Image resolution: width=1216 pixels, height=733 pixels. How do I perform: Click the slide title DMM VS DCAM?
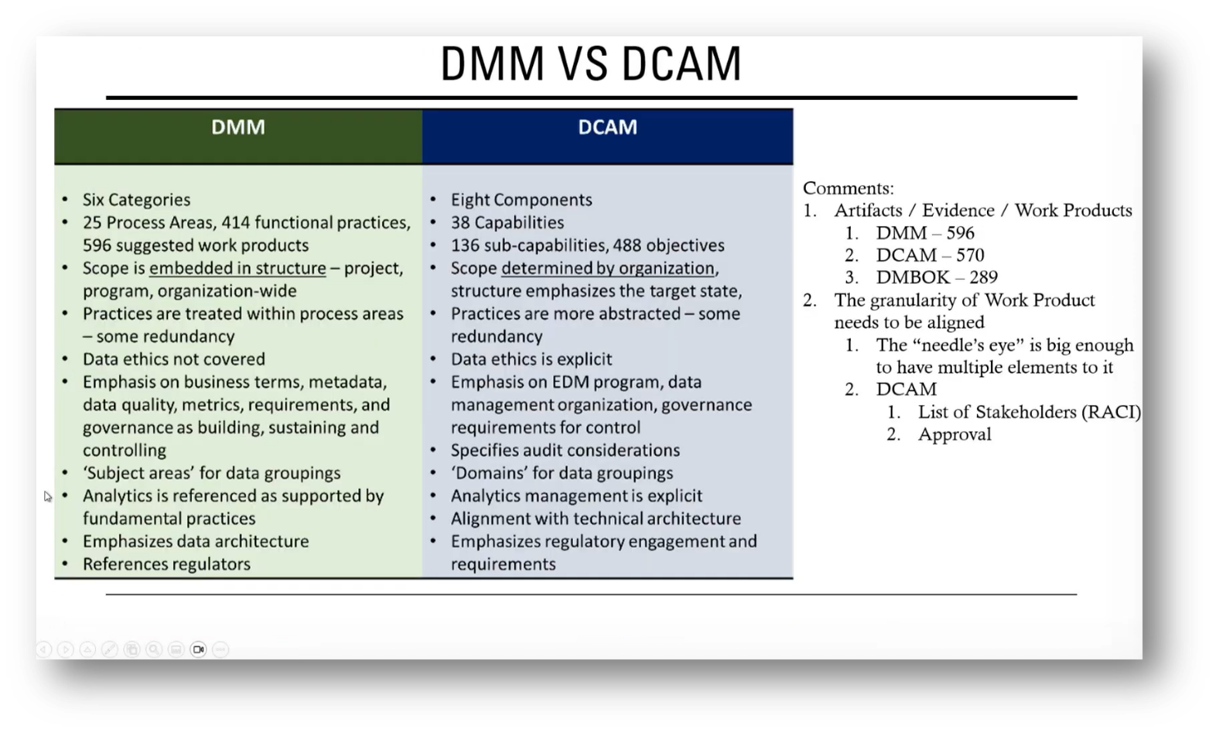click(591, 63)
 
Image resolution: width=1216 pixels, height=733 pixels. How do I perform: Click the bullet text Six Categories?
click(136, 200)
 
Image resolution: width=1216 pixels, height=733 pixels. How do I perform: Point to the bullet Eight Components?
click(521, 200)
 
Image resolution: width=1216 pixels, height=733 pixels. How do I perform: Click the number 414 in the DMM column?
click(235, 223)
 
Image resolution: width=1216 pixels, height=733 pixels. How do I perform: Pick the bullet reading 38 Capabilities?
click(507, 223)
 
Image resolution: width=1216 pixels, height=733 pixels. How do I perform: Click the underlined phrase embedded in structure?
click(237, 269)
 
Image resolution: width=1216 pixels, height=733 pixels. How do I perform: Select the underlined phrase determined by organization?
click(608, 269)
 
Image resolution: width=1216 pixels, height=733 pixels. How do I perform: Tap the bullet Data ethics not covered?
click(174, 359)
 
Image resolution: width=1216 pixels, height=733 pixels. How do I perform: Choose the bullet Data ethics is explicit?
click(531, 359)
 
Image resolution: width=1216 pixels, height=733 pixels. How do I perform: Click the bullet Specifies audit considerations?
click(565, 450)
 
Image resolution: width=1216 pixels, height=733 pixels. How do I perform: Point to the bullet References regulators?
click(166, 564)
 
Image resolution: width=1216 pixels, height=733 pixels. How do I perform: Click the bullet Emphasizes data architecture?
click(196, 541)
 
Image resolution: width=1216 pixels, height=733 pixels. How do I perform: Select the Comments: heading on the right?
click(848, 188)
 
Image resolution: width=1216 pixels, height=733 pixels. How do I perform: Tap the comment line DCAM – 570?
click(930, 255)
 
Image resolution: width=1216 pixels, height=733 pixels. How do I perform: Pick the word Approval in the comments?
click(955, 434)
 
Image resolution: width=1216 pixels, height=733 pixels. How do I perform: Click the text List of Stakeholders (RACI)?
click(1029, 412)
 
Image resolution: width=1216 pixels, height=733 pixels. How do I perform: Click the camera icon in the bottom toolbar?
click(198, 649)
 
